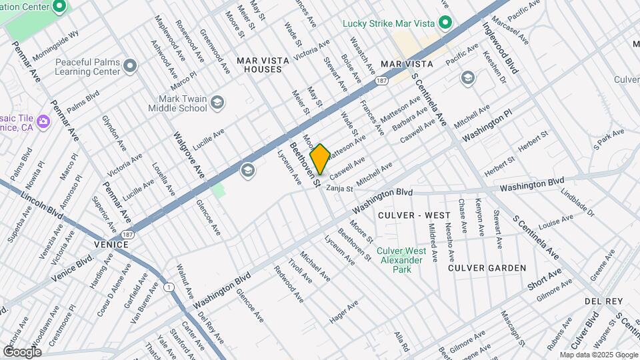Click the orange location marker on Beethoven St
pyautogui.click(x=320, y=159)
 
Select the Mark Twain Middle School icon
pyautogui.click(x=217, y=102)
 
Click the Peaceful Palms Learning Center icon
pyautogui.click(x=130, y=66)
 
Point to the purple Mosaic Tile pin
pyautogui.click(x=44, y=121)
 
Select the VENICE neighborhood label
pyautogui.click(x=111, y=245)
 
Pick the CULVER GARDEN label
pyautogui.click(x=487, y=268)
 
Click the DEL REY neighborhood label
pyautogui.click(x=603, y=301)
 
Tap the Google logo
pyautogui.click(x=22, y=351)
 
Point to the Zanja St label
pyautogui.click(x=340, y=189)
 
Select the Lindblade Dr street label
pyautogui.click(x=577, y=201)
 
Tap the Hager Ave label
pyautogui.click(x=344, y=311)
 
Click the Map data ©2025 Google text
pyautogui.click(x=599, y=355)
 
